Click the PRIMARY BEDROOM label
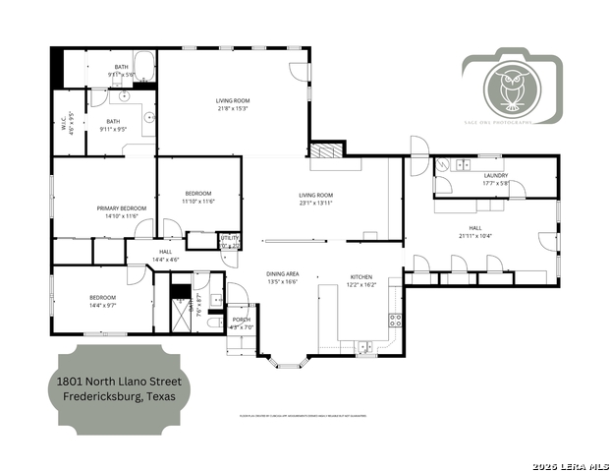122,207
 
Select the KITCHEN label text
360,276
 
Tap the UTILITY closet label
229,237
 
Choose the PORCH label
241,321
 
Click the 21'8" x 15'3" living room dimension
233,108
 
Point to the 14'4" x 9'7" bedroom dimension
102,304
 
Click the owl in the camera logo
511,88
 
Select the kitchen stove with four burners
395,319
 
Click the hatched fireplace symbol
323,151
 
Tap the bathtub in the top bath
143,68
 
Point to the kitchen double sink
365,345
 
